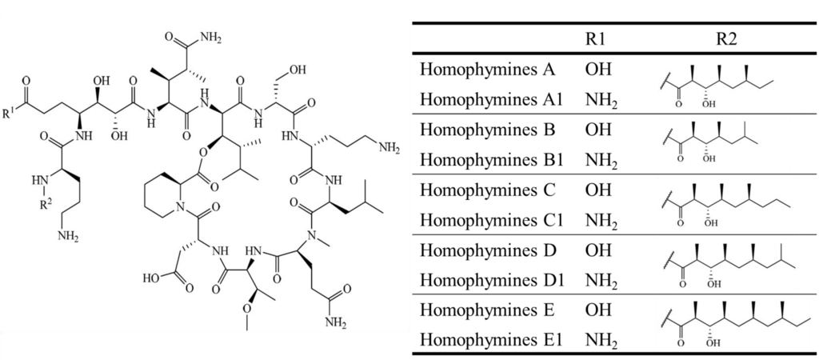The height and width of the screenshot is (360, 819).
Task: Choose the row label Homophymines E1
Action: coord(491,341)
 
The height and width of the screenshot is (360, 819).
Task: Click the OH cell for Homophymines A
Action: coord(597,70)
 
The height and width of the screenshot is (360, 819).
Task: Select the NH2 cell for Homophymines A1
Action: coord(599,99)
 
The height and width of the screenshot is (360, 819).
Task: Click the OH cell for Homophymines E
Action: coord(597,310)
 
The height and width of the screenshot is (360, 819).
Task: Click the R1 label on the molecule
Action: coord(7,112)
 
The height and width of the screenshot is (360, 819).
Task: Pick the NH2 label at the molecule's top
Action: coord(210,35)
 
